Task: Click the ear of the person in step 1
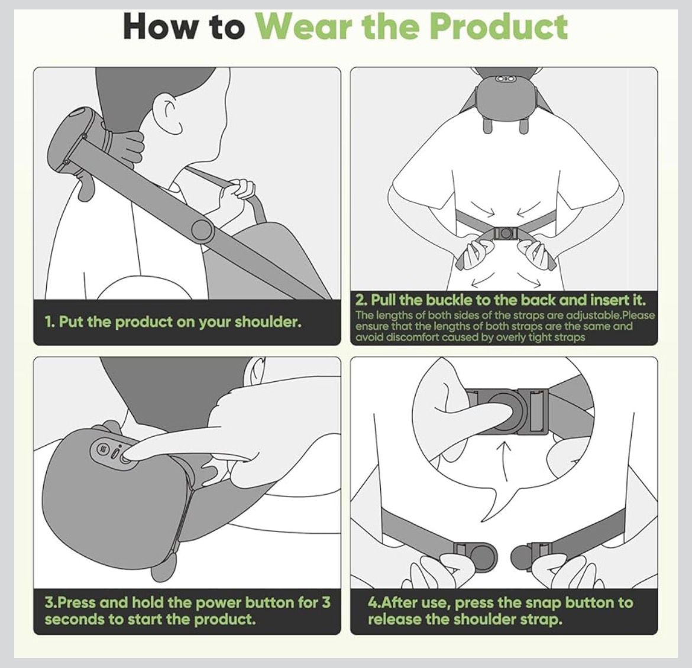(172, 110)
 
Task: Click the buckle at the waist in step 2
(503, 234)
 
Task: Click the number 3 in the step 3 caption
(326, 602)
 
